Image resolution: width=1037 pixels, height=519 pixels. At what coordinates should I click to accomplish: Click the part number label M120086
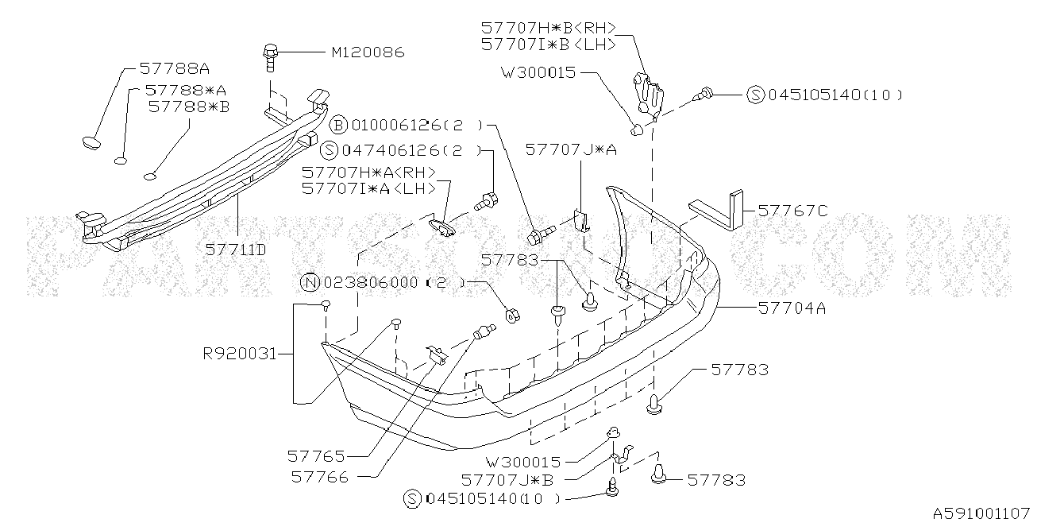click(x=368, y=52)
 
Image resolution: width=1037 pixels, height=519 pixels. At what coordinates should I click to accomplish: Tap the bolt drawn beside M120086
click(x=270, y=57)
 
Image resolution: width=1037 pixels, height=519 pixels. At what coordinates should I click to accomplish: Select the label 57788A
click(x=175, y=68)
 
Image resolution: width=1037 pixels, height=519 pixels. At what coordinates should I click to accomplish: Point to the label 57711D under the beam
click(x=236, y=250)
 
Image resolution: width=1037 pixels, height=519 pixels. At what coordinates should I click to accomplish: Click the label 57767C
click(x=792, y=211)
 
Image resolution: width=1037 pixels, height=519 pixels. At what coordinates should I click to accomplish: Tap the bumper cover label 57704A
click(x=792, y=308)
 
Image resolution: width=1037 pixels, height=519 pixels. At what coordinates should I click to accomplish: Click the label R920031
click(x=240, y=354)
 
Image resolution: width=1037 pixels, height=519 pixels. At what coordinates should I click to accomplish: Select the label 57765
click(x=316, y=456)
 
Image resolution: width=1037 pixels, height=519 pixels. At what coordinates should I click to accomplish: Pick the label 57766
click(x=320, y=477)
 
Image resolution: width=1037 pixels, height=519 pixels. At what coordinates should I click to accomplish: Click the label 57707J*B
click(x=507, y=480)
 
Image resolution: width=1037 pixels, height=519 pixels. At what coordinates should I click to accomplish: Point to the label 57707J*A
click(x=571, y=149)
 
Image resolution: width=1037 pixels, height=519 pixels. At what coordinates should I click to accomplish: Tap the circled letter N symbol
click(x=310, y=282)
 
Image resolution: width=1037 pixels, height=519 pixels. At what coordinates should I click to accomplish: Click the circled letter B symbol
click(x=338, y=125)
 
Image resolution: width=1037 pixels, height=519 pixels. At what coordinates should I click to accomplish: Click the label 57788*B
click(x=189, y=107)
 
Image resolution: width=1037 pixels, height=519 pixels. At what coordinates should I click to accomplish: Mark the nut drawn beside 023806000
click(x=512, y=315)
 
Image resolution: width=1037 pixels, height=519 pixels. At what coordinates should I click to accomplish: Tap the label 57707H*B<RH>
click(x=549, y=29)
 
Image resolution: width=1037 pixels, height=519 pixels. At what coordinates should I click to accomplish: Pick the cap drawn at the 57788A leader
click(x=91, y=143)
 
